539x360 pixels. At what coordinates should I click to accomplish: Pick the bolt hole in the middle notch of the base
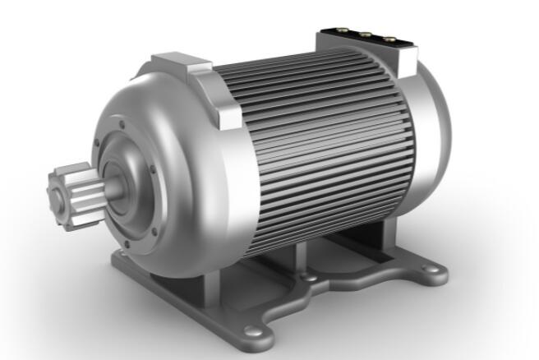click(311, 279)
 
